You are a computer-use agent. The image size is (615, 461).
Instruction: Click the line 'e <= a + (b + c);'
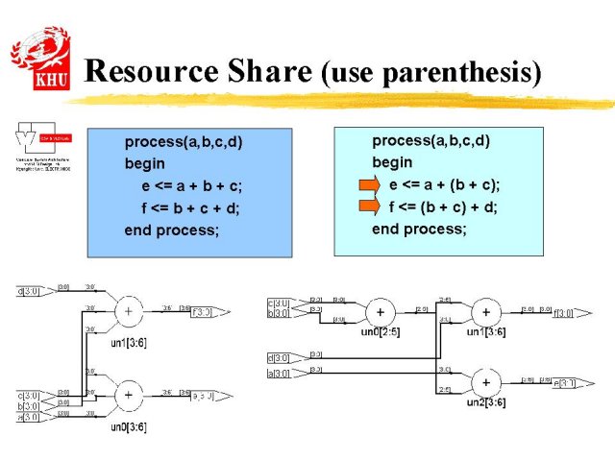pos(444,184)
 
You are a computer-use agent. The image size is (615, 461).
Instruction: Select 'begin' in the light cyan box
pos(392,162)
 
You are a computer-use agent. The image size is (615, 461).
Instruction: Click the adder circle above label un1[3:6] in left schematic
pos(128,311)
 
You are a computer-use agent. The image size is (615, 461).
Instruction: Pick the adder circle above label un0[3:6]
pos(128,393)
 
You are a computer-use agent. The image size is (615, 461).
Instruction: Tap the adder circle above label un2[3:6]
pos(486,382)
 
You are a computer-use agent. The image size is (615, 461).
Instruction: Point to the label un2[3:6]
pos(485,402)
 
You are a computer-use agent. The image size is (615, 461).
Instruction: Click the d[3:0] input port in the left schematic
pos(29,290)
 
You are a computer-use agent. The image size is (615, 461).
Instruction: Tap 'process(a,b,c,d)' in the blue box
pos(184,142)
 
